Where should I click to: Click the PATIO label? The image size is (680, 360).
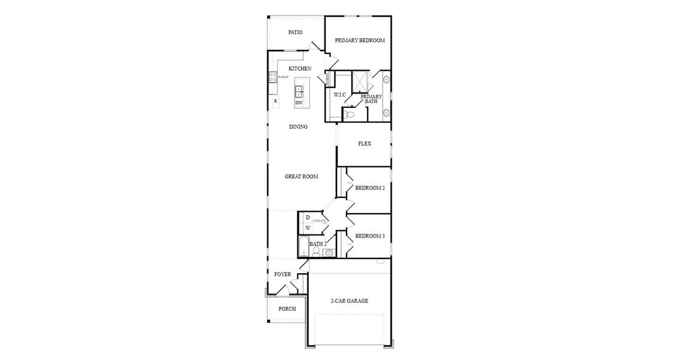click(295, 32)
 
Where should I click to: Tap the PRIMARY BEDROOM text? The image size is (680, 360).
click(360, 41)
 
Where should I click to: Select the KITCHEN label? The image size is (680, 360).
click(300, 68)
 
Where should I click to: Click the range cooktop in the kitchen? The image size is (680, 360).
click(272, 77)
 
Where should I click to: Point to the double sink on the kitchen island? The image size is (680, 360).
click(299, 92)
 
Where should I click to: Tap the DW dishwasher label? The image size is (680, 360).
click(299, 103)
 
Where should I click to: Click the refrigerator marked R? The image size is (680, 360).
click(275, 101)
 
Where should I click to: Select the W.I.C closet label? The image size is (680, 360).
click(339, 95)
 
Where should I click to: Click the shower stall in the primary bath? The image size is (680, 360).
click(360, 81)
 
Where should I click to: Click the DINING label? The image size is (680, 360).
click(298, 127)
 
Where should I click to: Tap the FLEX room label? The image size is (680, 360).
click(365, 144)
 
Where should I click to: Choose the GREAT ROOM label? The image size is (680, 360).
click(301, 176)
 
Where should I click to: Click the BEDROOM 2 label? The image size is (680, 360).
click(370, 188)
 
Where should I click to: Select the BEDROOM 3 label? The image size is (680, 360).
click(369, 236)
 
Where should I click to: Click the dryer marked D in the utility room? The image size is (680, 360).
click(308, 217)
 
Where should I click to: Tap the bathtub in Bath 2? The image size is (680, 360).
click(303, 247)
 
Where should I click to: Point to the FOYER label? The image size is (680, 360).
click(282, 274)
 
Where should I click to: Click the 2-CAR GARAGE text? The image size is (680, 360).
click(349, 301)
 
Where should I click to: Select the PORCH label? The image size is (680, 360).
click(287, 309)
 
